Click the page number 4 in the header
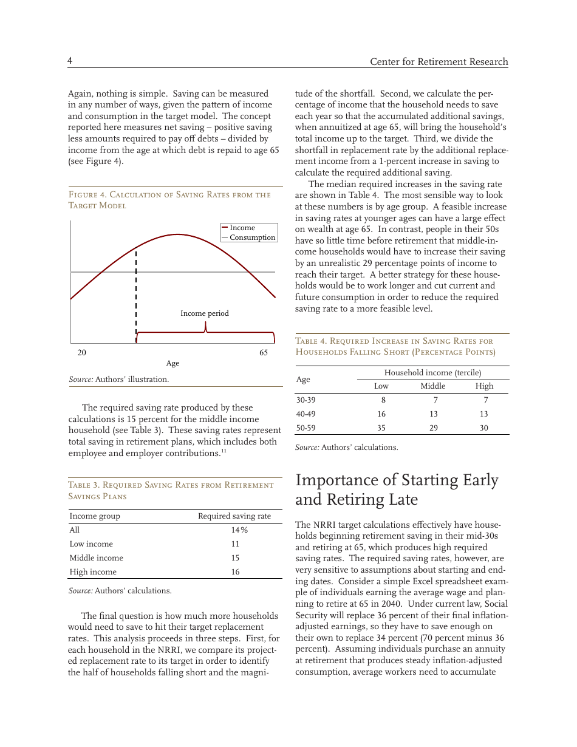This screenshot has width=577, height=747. pos(70,61)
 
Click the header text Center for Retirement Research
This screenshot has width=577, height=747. pos(439,62)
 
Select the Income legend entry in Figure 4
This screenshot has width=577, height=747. pos(242,228)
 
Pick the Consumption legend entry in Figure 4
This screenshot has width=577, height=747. pos(252,237)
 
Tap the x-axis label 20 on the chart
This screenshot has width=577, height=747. pos(81,352)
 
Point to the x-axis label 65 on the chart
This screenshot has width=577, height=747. pos(264,352)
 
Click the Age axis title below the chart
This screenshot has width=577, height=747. pos(172,363)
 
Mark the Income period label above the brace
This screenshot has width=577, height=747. pos(205,313)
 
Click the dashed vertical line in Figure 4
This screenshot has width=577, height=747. pos(136,292)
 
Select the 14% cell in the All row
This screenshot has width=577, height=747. pos(234,530)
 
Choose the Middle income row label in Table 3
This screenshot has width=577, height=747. pos(96,558)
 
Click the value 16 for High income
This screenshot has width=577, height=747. pos(234,572)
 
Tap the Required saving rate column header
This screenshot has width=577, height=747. pos(234,516)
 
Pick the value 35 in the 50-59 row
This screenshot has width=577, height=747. pos(381,428)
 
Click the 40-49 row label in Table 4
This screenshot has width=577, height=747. pos(306,414)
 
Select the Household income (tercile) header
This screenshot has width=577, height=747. pos(432,372)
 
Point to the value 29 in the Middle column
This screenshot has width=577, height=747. pos(433,428)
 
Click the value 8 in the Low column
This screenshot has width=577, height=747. pos(381,400)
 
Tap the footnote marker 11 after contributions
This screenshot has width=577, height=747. pos(224,451)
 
